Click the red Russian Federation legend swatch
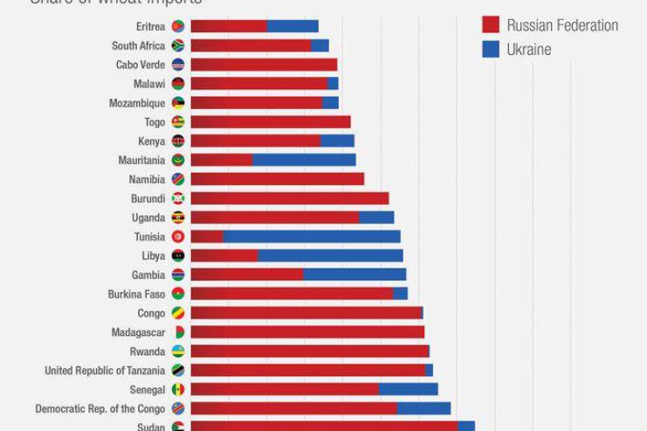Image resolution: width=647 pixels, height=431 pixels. tap(490, 24)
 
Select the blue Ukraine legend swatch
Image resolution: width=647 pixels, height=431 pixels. tap(490, 49)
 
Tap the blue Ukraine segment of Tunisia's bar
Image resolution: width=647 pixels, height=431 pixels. tap(312, 236)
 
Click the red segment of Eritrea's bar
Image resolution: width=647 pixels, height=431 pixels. tap(229, 26)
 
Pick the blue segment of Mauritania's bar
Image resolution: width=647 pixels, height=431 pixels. tap(304, 160)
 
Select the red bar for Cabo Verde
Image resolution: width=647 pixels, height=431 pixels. tap(264, 65)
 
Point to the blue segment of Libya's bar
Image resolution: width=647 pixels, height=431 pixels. tap(330, 256)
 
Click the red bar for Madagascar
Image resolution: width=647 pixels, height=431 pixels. tap(307, 332)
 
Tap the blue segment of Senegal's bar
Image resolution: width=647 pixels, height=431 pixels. tap(408, 389)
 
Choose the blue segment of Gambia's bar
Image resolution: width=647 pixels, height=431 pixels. tap(354, 275)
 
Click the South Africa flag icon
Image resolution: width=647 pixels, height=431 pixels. tap(178, 45)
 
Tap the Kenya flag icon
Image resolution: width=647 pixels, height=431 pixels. tap(178, 141)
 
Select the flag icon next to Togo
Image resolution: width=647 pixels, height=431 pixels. tap(178, 122)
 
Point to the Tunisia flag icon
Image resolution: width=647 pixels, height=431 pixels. tap(178, 236)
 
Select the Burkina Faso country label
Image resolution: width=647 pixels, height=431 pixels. tap(136, 294)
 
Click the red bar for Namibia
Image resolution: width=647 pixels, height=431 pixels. tap(277, 179)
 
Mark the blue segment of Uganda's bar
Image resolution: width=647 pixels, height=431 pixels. tap(376, 217)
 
